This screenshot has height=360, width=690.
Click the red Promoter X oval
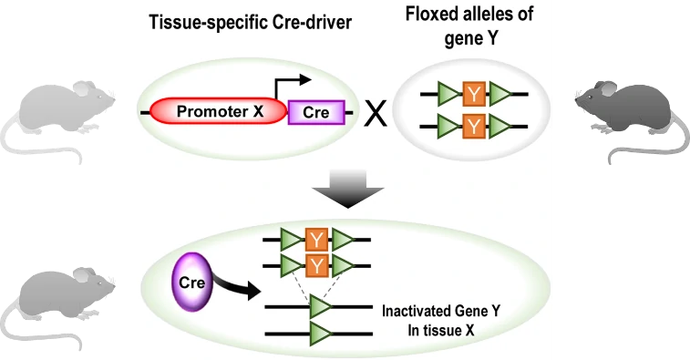pos(219,111)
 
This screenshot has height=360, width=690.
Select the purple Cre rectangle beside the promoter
pos(316,113)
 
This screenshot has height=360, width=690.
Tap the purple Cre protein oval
pos(191,283)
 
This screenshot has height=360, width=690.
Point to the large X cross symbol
pos(376,114)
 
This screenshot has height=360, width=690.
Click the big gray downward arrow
pos(347,189)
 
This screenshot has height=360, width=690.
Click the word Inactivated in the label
pos(412,311)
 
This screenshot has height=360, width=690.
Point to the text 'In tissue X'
pos(440,331)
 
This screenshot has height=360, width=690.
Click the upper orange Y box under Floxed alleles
pos(474,94)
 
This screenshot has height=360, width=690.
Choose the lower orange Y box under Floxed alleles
pos(474,127)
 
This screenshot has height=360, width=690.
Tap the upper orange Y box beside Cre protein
pos(316,240)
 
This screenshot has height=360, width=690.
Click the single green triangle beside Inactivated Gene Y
pos(320,307)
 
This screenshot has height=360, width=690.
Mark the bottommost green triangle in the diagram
pos(320,334)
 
